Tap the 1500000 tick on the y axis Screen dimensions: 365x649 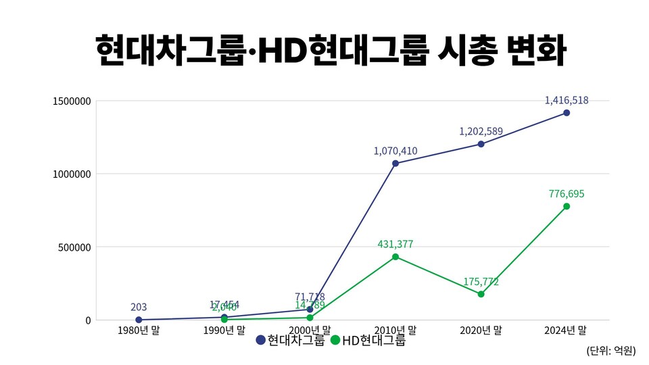pyautogui.click(x=71, y=101)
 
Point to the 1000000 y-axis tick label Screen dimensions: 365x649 pyautogui.click(x=71, y=174)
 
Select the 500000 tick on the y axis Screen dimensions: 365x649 pyautogui.click(x=74, y=247)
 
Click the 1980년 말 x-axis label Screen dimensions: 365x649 pyautogui.click(x=139, y=331)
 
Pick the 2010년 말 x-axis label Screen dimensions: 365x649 pyautogui.click(x=395, y=331)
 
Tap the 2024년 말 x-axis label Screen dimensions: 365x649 pyautogui.click(x=567, y=331)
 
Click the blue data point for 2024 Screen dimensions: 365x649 pyautogui.click(x=567, y=113)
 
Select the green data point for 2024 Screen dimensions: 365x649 pyautogui.click(x=567, y=206)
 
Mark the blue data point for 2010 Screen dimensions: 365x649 pyautogui.click(x=395, y=163)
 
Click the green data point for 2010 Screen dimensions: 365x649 pyautogui.click(x=395, y=257)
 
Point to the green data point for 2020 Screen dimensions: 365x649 pyautogui.click(x=481, y=294)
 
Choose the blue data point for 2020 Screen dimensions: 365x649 pyautogui.click(x=481, y=144)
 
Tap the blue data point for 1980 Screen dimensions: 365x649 pyautogui.click(x=139, y=320)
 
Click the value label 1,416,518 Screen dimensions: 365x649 pyautogui.click(x=567, y=100)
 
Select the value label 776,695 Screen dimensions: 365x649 pyautogui.click(x=567, y=194)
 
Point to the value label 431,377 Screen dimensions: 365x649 pyautogui.click(x=395, y=244)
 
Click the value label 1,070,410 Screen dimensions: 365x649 pyautogui.click(x=395, y=150)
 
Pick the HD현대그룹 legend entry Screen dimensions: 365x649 pyautogui.click(x=368, y=341)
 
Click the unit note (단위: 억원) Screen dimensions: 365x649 pyautogui.click(x=611, y=350)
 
